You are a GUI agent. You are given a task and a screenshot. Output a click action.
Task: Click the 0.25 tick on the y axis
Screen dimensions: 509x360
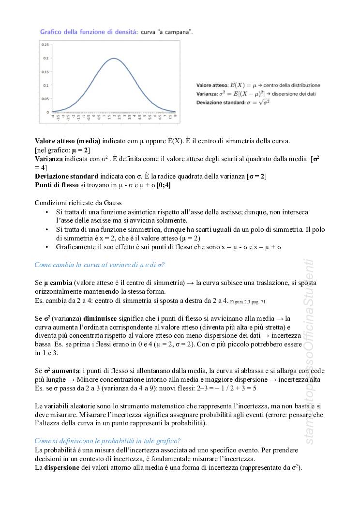point(45,45)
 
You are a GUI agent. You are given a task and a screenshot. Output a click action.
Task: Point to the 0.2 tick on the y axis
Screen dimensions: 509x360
point(46,58)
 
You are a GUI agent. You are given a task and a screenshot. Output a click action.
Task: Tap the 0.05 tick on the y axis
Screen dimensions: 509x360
point(45,98)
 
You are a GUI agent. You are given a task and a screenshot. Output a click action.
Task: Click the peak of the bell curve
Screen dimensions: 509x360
point(114,59)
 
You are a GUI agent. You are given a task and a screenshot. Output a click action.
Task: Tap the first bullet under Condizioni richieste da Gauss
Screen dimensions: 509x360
point(46,212)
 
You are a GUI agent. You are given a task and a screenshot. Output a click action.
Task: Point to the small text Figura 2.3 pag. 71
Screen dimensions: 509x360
point(248,301)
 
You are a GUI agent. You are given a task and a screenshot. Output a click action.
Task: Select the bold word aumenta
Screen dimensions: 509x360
point(66,371)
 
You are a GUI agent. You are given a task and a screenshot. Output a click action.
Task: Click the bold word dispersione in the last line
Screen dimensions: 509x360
point(63,467)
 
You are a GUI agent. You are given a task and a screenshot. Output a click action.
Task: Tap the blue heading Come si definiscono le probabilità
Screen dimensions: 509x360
point(108,440)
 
